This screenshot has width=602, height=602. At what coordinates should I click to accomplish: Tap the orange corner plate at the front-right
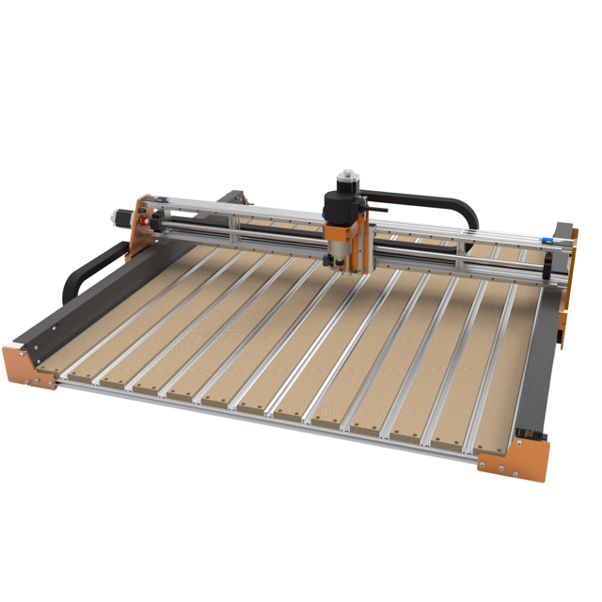point(513,461)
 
